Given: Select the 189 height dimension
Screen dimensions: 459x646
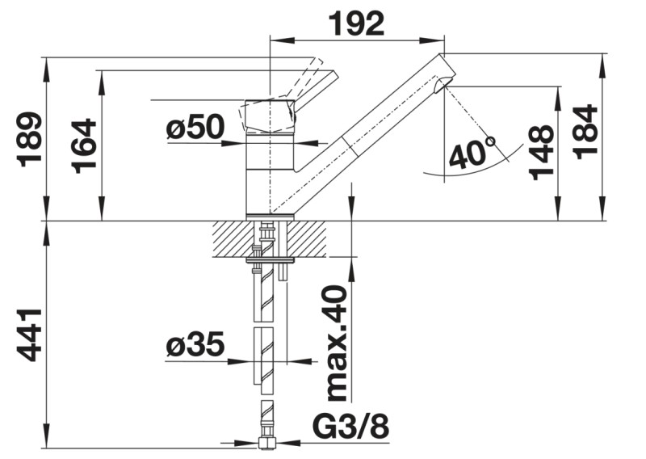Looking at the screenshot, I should (30, 138).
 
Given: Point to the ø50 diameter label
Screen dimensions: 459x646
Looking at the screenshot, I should (195, 127).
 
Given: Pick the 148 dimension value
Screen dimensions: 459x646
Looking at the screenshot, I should (540, 153).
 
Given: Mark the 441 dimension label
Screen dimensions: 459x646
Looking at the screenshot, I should (30, 334).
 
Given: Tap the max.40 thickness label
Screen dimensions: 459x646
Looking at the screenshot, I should (337, 343).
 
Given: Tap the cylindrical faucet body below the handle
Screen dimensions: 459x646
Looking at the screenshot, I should (270, 174).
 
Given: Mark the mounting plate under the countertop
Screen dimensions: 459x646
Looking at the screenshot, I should (270, 260).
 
